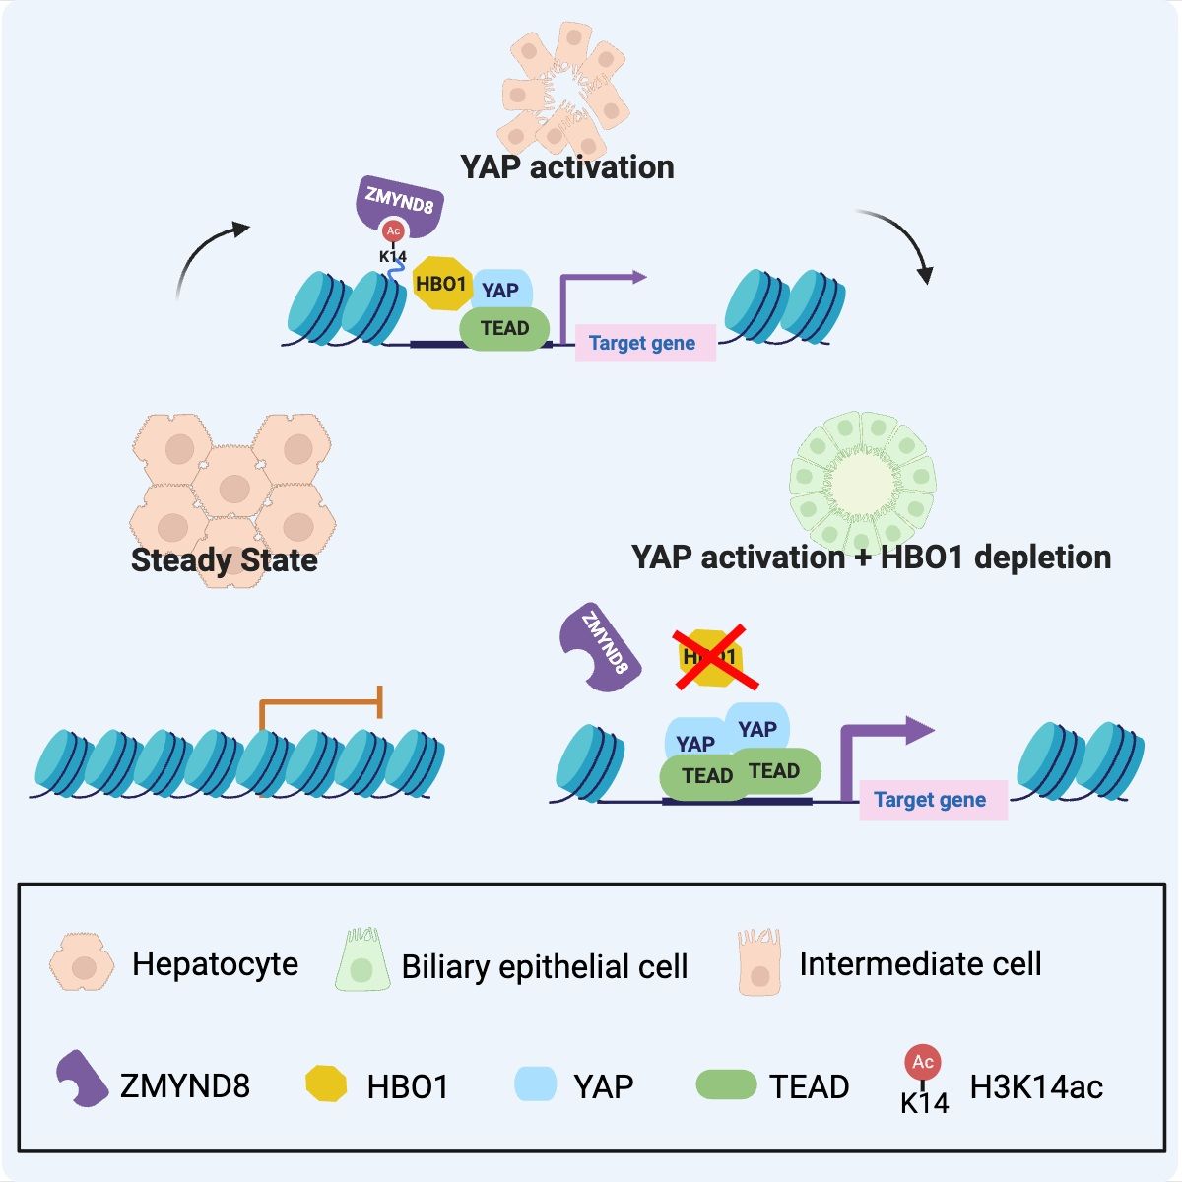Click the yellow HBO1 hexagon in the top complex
[x=440, y=284]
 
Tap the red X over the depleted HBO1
[x=715, y=657]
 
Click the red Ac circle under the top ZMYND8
[x=393, y=231]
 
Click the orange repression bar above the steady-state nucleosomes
[x=321, y=701]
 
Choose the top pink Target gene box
[x=644, y=343]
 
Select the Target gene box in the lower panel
[x=932, y=800]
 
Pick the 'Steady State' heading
[x=225, y=560]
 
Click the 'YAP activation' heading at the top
[x=567, y=167]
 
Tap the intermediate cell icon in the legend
[x=759, y=961]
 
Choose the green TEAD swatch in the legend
[x=726, y=1085]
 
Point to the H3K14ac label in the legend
[x=1036, y=1086]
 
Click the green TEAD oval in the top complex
[x=503, y=329]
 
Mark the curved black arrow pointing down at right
[x=900, y=242]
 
